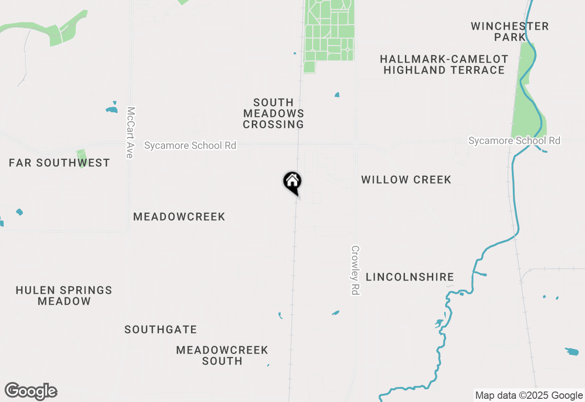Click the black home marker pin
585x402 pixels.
point(292,182)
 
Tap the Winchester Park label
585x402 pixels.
point(510,32)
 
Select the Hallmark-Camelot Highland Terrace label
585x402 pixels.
point(444,64)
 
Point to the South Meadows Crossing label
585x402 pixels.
point(273,113)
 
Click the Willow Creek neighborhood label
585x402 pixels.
point(406,180)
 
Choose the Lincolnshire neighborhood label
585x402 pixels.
point(410,277)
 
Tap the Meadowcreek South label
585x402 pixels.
point(222,355)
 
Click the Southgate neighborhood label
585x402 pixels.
point(161,329)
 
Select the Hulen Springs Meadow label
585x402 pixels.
point(64,296)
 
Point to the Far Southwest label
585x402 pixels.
point(59,163)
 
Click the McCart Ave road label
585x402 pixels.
point(131,132)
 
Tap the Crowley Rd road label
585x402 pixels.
point(355,270)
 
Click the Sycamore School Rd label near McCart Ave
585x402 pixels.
point(190,145)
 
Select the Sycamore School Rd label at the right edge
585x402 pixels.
point(514,141)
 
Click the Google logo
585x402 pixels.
point(31,391)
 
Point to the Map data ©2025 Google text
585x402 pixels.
point(529,396)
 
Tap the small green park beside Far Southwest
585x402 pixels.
point(82,158)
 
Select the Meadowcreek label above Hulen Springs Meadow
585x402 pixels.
point(179,217)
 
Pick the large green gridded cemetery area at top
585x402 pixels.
point(329,32)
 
